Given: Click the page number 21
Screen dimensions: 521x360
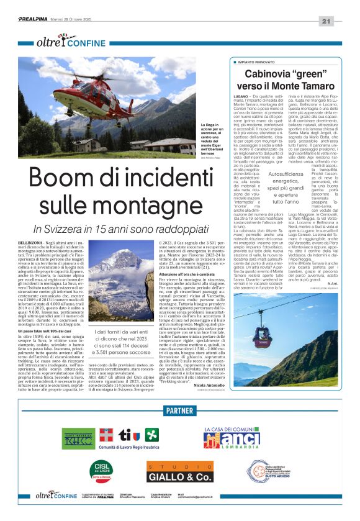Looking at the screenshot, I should (343, 22).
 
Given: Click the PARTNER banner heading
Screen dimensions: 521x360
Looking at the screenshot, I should (179, 410).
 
